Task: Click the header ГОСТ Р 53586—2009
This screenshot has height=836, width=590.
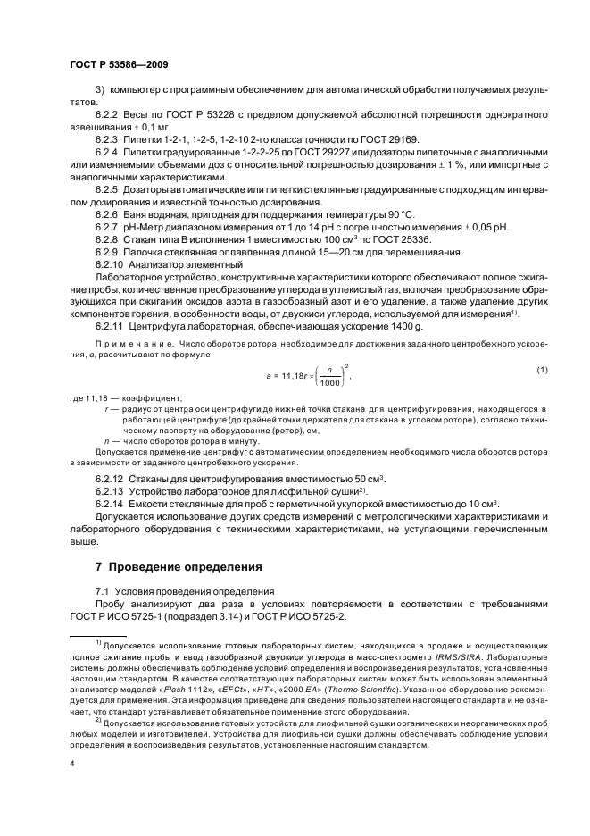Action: coord(119,65)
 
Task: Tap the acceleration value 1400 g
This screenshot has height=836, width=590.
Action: coord(382,327)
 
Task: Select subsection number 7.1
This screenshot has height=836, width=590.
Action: coord(104,591)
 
